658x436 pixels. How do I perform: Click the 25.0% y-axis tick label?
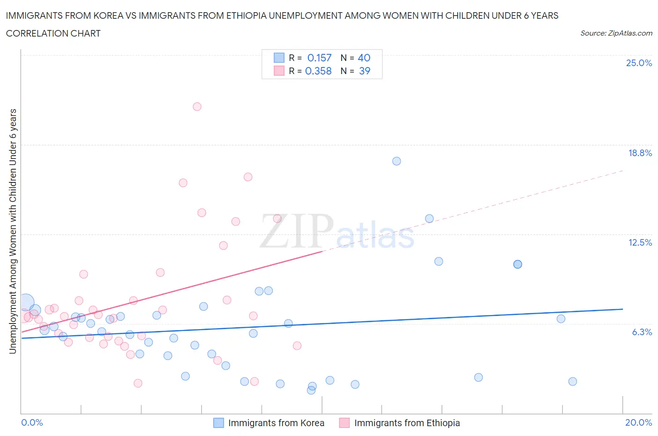tap(639, 63)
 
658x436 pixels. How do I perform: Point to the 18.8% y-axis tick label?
tap(640, 153)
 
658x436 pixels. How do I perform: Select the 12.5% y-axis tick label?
tap(640, 242)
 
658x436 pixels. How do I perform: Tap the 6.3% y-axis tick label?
tap(642, 332)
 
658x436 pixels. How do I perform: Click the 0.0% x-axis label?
tap(32, 422)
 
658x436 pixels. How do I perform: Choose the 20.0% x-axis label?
tap(638, 422)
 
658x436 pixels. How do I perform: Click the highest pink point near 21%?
tap(197, 106)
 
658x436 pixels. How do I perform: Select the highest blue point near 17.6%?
tap(396, 161)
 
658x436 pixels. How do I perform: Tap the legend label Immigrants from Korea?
tap(276, 423)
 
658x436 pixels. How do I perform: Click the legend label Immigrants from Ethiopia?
tap(407, 423)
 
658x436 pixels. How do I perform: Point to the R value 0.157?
tap(319, 58)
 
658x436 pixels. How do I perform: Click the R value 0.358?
tap(318, 71)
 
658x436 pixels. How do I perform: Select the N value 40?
tap(364, 58)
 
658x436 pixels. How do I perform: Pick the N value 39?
tap(364, 71)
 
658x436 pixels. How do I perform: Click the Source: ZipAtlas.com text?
tap(616, 33)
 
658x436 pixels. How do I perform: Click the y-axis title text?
tap(13, 231)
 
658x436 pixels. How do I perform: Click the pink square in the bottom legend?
tap(344, 423)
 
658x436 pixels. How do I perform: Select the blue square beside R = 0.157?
tap(279, 58)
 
